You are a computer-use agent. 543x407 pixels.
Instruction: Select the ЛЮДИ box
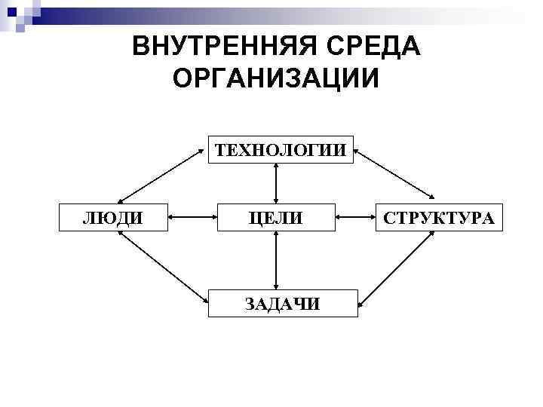pyautogui.click(x=113, y=218)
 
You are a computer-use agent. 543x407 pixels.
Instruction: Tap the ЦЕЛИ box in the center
pyautogui.click(x=277, y=218)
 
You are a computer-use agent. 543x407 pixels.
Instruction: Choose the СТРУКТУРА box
pyautogui.click(x=438, y=218)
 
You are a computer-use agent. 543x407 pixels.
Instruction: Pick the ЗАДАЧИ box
pyautogui.click(x=282, y=303)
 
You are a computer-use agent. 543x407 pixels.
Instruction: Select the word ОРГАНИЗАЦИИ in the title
pyautogui.click(x=276, y=78)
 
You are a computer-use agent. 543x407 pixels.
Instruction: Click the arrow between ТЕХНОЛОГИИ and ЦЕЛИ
pyautogui.click(x=277, y=184)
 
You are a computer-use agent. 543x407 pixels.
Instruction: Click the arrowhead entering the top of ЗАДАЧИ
pyautogui.click(x=277, y=286)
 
